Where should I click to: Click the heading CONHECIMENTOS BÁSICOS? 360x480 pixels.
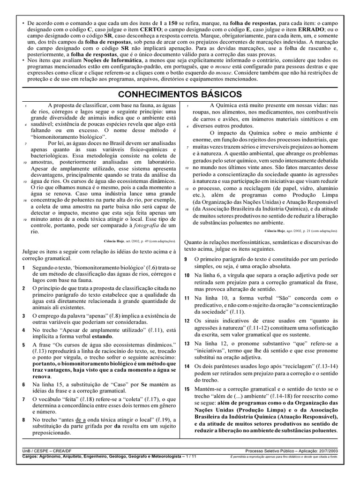180,94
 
